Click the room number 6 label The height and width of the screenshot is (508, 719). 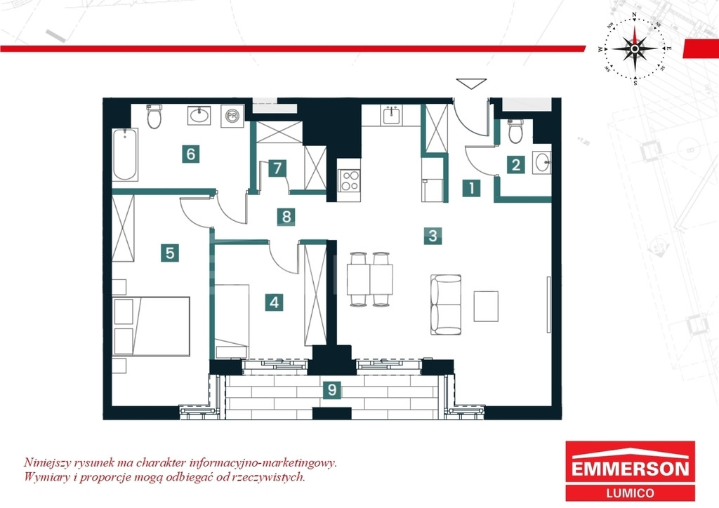tap(191, 154)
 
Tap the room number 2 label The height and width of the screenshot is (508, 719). tap(516, 164)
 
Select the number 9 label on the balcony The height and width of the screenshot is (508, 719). tap(332, 390)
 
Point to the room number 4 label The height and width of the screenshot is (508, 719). tap(274, 302)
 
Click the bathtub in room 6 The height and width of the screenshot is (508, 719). tap(125, 154)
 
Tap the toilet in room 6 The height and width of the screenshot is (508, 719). tap(154, 116)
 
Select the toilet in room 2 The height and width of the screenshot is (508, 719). tap(516, 131)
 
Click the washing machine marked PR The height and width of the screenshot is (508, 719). tap(232, 116)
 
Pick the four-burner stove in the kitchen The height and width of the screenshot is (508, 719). tap(350, 180)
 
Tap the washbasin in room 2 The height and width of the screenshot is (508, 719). tap(542, 163)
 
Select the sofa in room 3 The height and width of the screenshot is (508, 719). tap(446, 305)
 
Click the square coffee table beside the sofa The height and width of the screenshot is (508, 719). tap(486, 306)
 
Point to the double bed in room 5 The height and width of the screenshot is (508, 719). tap(152, 326)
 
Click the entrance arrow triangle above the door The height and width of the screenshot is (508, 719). tap(471, 83)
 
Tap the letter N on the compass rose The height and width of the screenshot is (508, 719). tap(634, 15)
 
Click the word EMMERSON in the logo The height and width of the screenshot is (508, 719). tap(630, 469)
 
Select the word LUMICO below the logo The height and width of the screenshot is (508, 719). tap(630, 493)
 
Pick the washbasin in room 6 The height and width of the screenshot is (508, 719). tap(199, 116)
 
